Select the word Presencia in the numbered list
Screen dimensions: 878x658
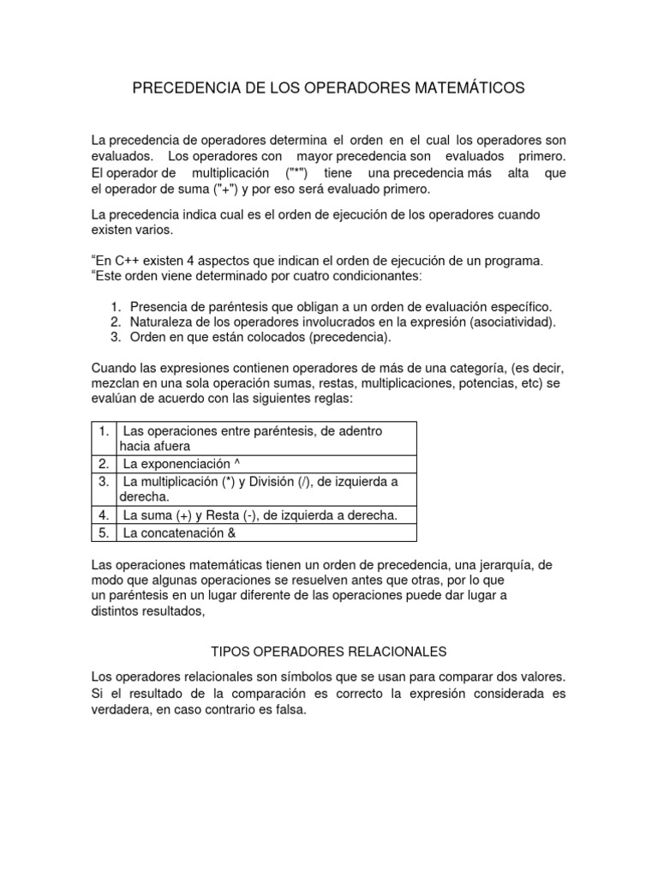159,307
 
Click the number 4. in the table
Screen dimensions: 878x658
103,515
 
